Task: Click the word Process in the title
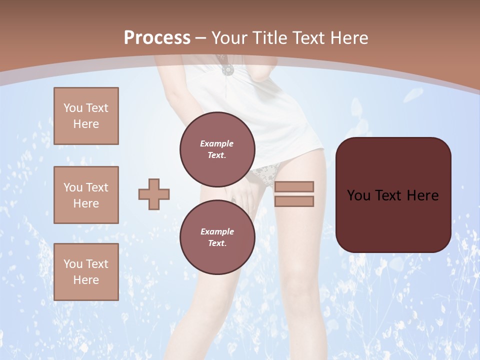pos(157,37)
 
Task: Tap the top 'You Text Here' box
pos(86,116)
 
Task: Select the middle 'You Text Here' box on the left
pos(86,195)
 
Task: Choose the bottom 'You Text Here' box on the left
pos(86,272)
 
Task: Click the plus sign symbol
pos(154,194)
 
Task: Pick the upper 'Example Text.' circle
pos(217,149)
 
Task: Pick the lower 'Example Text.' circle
pos(217,237)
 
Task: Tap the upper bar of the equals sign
pos(294,186)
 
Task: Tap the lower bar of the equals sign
pos(294,201)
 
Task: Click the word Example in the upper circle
pos(217,144)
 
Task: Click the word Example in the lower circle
pos(217,231)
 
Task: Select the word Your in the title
pos(228,37)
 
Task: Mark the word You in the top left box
pos(73,108)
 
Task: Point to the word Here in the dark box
pos(422,195)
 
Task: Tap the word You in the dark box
pos(358,195)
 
